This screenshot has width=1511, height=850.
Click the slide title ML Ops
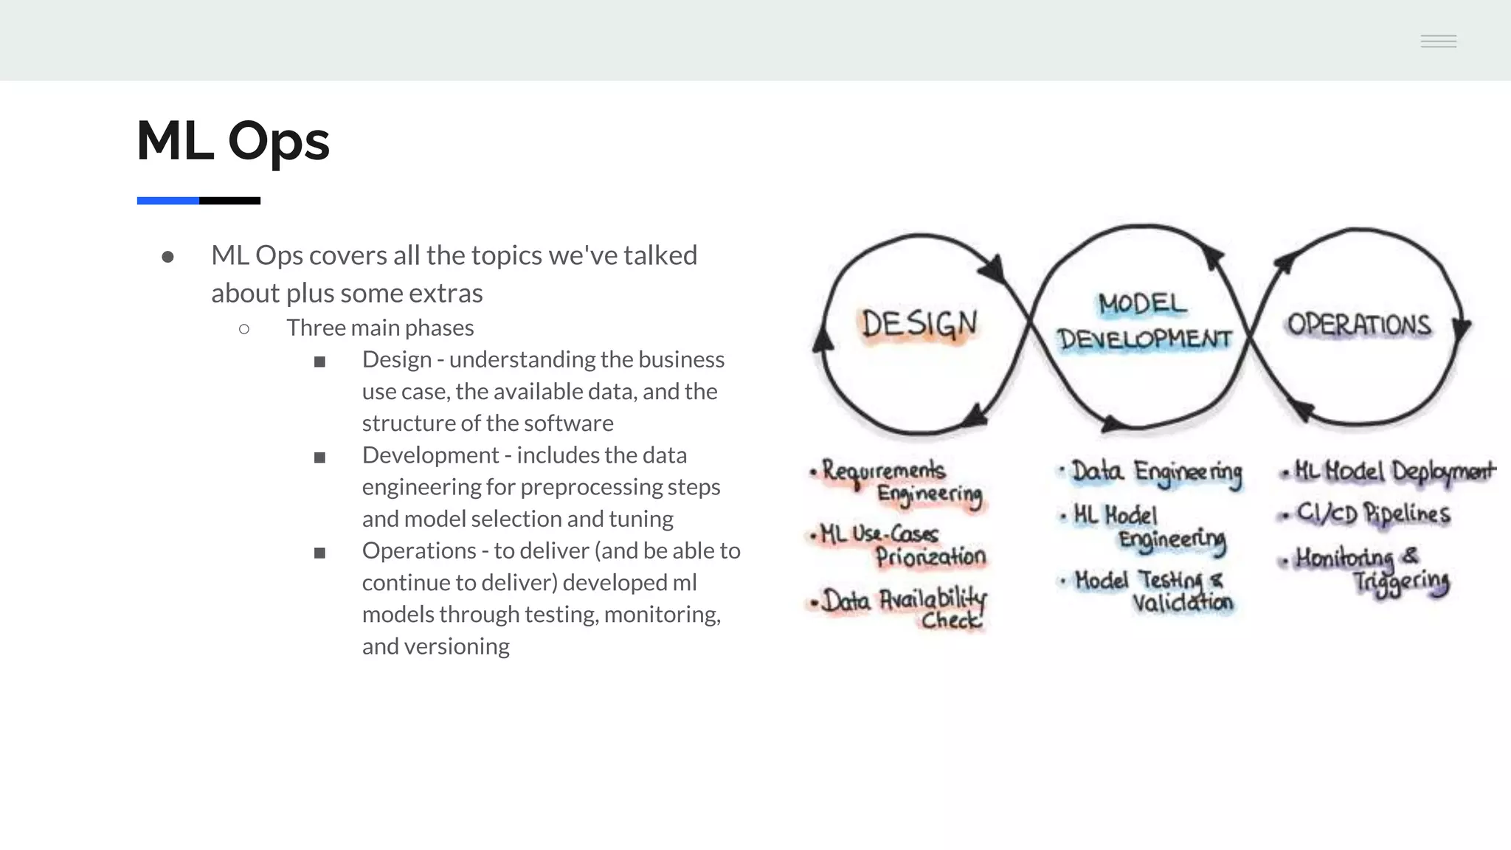(233, 140)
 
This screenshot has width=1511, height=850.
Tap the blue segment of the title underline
(167, 201)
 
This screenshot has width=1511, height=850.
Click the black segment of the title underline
(229, 201)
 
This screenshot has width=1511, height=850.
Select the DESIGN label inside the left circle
(919, 325)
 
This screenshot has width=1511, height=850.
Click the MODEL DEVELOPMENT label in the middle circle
(1144, 322)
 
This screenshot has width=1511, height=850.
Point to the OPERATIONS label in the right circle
(1359, 325)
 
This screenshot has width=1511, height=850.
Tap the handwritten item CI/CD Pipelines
(1372, 514)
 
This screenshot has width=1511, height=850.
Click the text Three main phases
(380, 328)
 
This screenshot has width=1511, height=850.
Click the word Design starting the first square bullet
(396, 359)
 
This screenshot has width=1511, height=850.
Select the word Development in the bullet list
(430, 455)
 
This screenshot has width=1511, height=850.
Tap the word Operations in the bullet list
(419, 550)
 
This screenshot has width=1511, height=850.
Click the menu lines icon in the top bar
(1438, 41)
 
